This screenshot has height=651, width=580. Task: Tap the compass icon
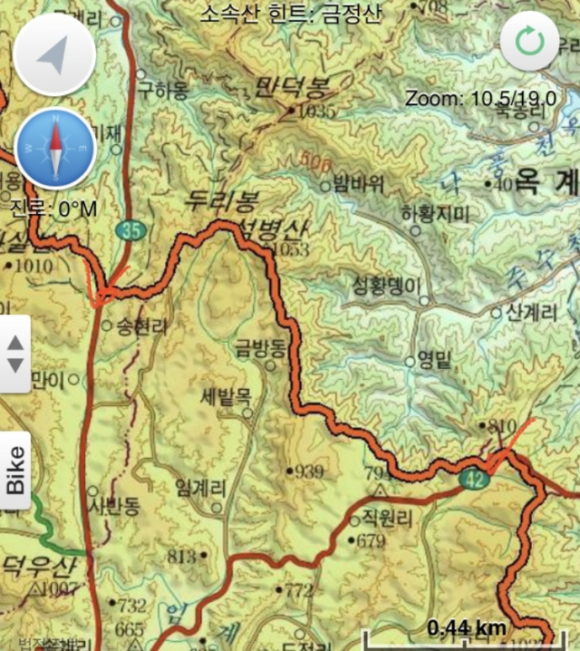[54, 149]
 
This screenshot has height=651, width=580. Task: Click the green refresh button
[529, 41]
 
